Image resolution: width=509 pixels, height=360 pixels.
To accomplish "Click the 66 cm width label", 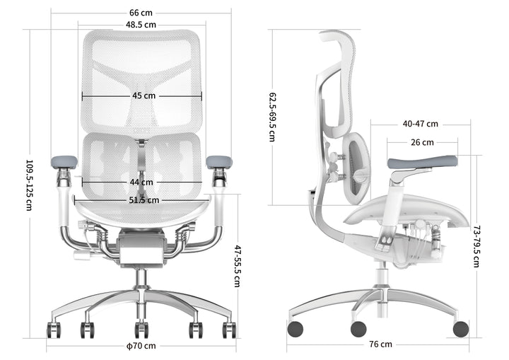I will coord(141,12).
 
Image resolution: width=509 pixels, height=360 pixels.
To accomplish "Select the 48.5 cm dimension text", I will coord(141,25).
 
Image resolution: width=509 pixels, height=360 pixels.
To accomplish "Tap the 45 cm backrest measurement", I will coord(144,95).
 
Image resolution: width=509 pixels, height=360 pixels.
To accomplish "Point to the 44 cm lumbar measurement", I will coord(142,182).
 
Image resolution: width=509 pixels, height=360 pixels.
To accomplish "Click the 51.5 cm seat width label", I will coord(144,200).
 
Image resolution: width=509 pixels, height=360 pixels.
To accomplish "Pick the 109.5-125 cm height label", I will coord(29,185).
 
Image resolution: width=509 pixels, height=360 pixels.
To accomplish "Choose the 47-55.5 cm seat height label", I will coord(238,265).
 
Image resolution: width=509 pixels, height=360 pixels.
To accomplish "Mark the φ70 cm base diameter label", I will coord(141,346).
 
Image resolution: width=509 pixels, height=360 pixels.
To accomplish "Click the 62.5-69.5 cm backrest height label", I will coord(272,117).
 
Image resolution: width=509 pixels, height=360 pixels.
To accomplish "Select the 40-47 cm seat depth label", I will coord(421,124).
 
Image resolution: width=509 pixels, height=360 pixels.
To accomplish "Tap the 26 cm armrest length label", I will coord(422,142).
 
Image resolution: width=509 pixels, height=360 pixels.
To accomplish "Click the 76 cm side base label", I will coord(380,344).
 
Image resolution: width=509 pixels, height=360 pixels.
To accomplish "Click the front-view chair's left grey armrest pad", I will coord(64,162).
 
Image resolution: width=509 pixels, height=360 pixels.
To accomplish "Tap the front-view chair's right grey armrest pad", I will coord(219,162).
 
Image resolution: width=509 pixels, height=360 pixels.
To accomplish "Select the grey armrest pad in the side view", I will coord(422,163).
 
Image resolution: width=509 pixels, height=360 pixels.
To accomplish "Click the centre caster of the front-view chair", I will coord(141,330).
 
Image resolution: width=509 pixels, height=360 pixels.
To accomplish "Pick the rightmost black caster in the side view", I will coord(460,328).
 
